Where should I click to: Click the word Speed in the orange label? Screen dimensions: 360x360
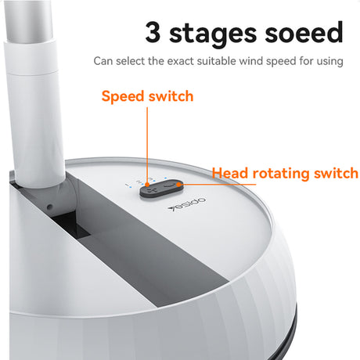coord(125,97)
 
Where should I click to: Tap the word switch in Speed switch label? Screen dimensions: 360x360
coord(172,97)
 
